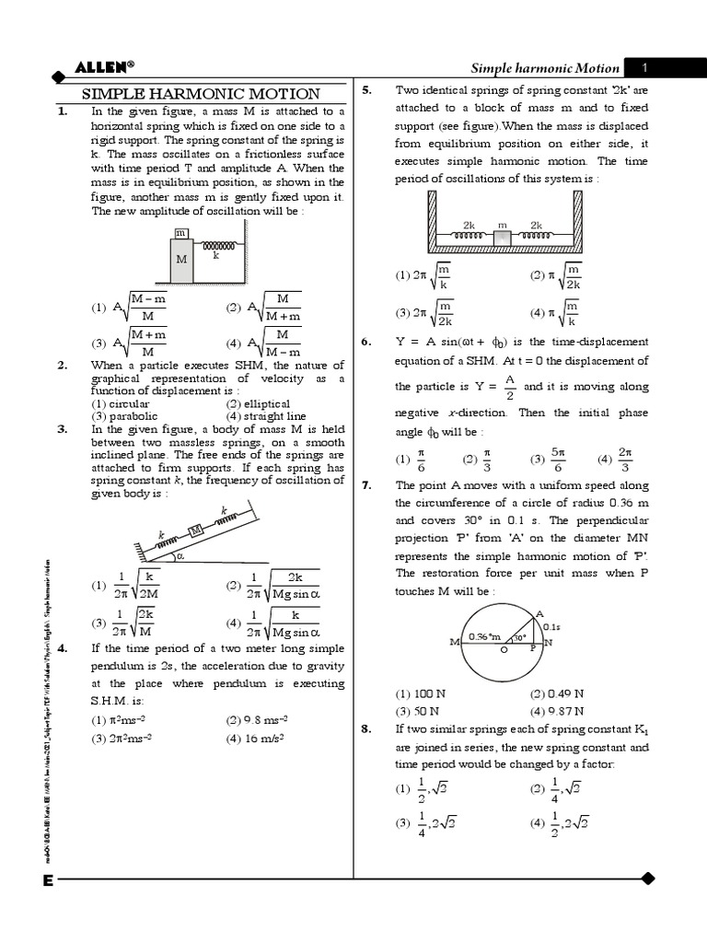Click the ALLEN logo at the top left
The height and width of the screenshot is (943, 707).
coord(103,66)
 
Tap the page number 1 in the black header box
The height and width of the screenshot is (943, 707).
coord(645,67)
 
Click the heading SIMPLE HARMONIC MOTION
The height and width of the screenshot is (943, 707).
coord(202,94)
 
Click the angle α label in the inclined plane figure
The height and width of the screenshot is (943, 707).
coord(180,555)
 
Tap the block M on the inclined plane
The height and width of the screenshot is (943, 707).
coord(195,529)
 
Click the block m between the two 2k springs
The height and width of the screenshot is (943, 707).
coord(503,237)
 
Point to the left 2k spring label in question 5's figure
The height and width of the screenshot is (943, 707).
coord(469,225)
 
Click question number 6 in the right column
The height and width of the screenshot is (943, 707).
coord(366,342)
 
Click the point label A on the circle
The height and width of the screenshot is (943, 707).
coord(539,612)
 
